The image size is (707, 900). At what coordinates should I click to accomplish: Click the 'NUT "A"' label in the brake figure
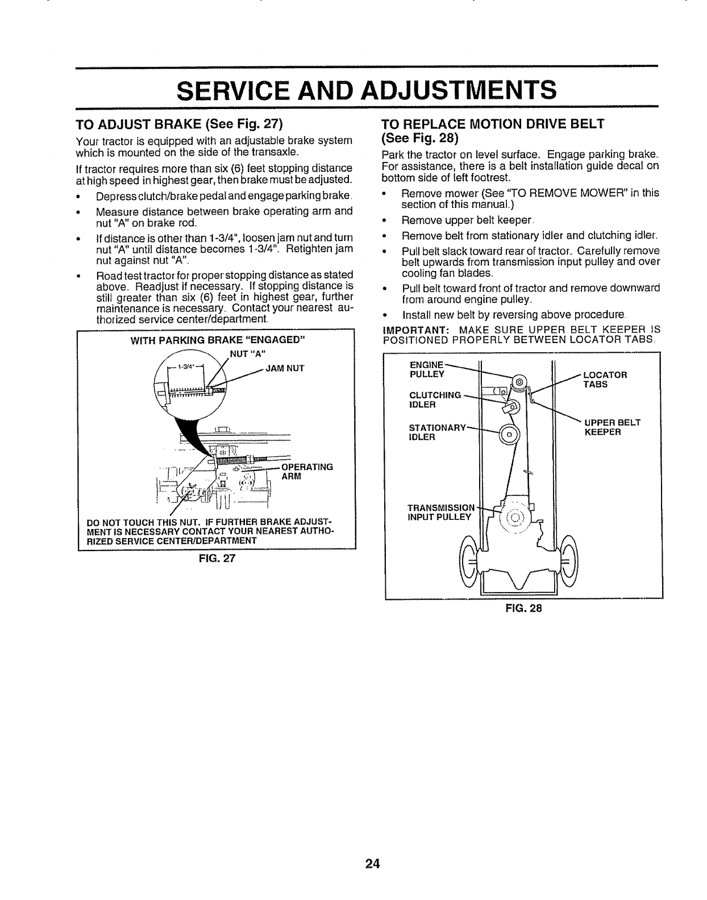click(x=245, y=357)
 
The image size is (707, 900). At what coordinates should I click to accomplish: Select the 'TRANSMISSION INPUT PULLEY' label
click(x=439, y=512)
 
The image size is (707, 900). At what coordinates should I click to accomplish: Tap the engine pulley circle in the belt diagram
click(x=518, y=384)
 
